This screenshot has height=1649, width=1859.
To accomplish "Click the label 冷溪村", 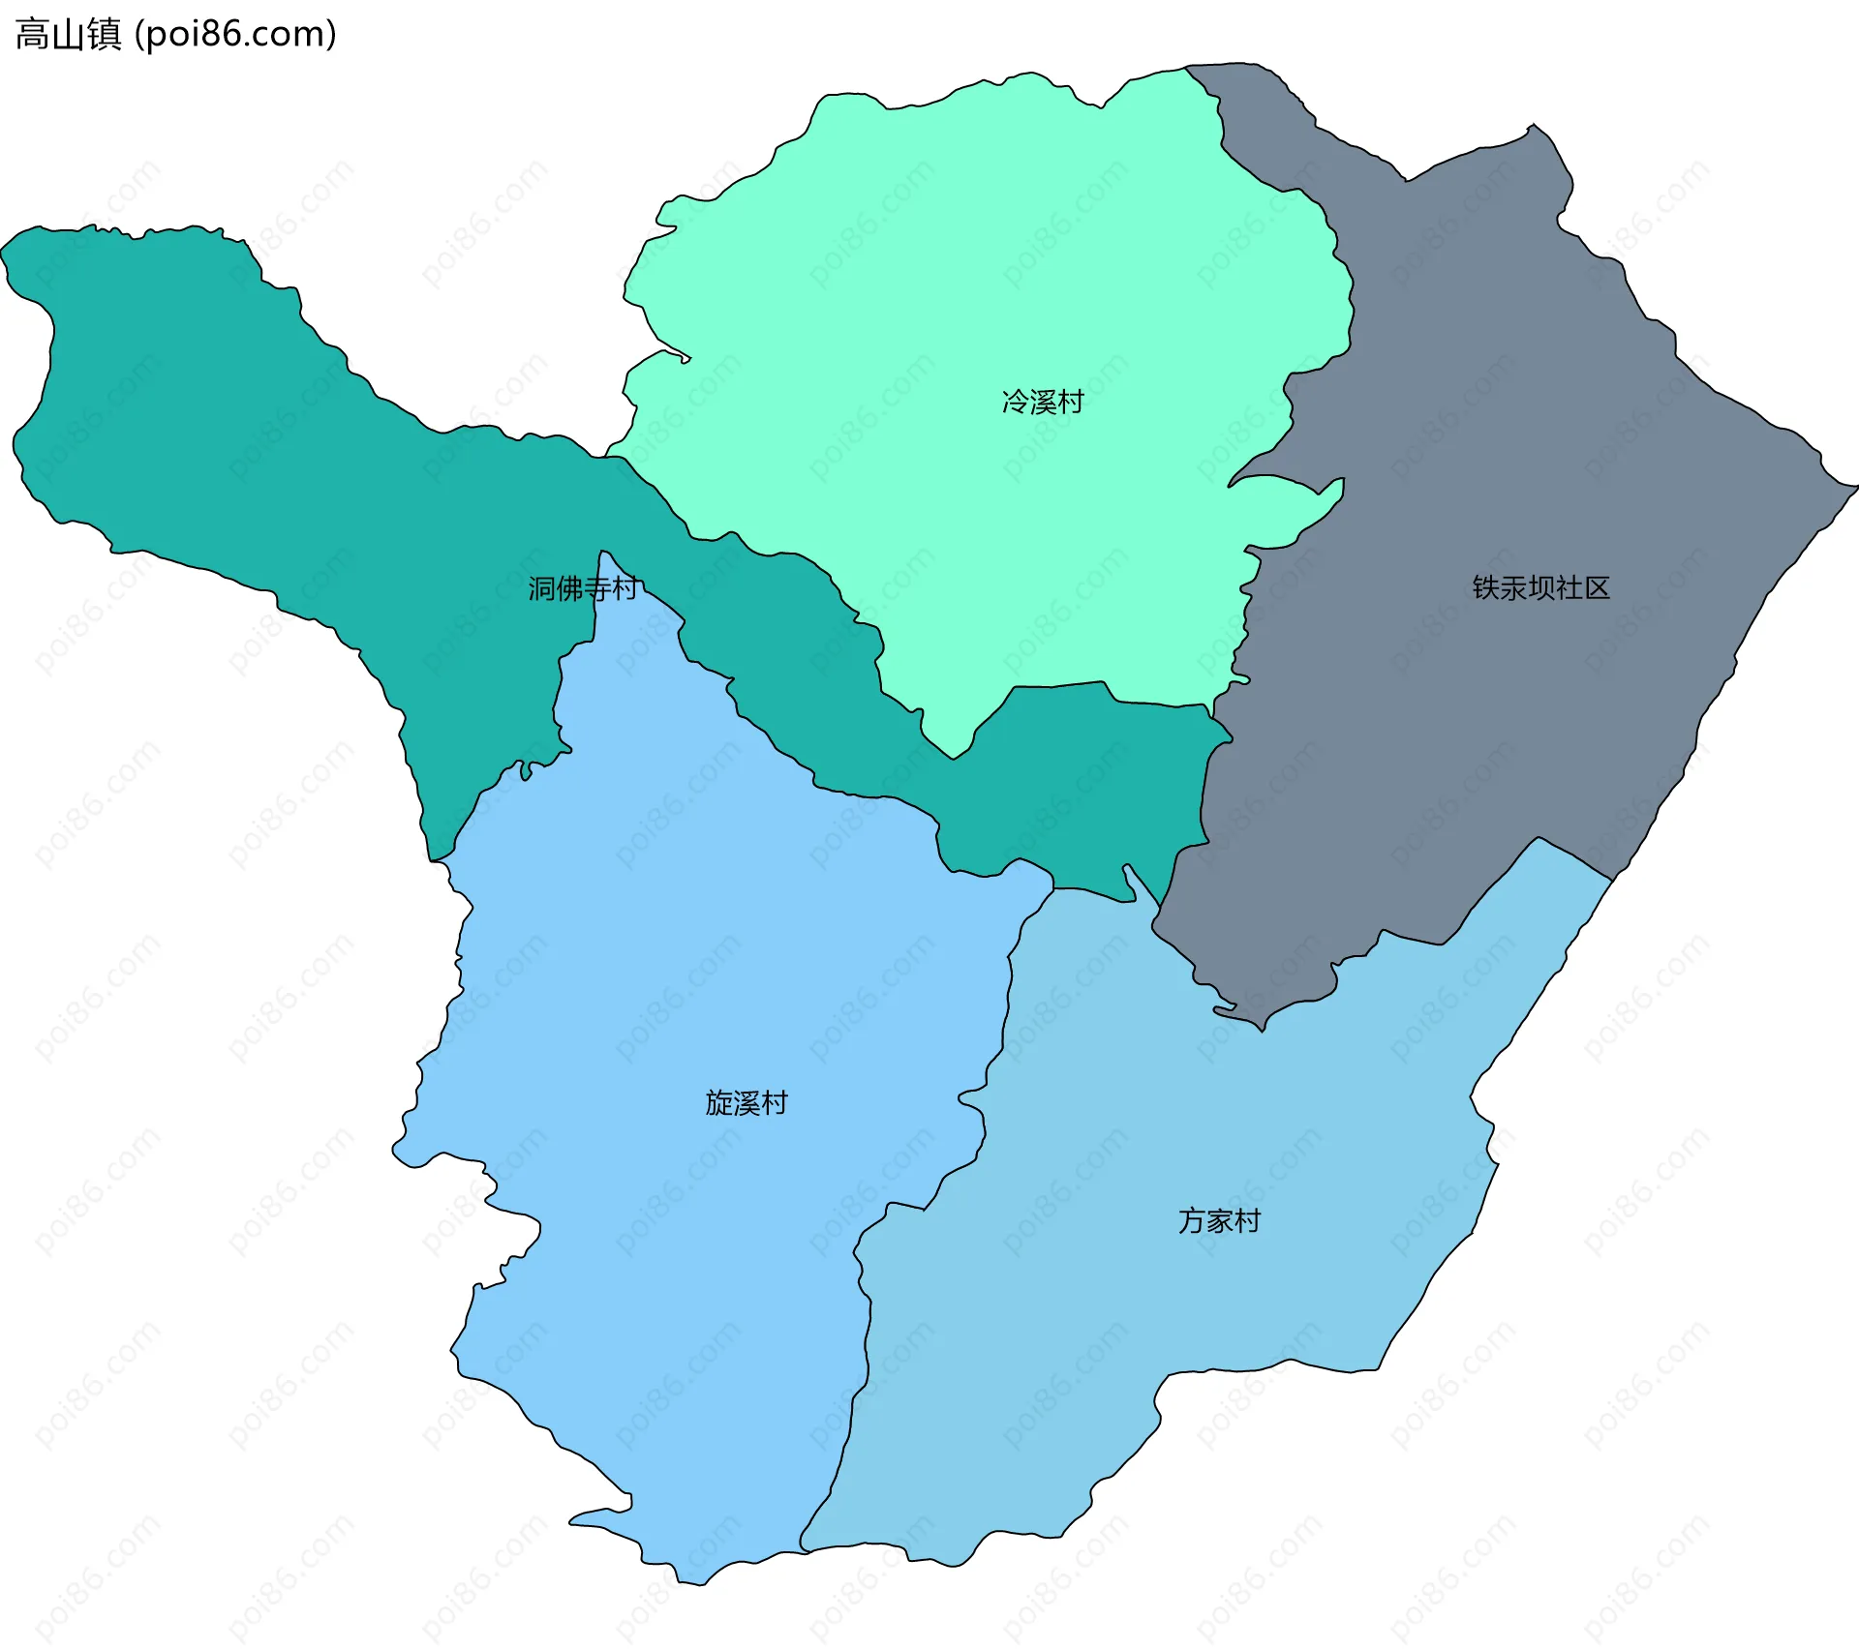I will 1043,402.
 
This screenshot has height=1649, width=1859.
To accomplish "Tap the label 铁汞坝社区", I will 1540,587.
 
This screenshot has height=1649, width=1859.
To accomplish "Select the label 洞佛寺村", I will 582,587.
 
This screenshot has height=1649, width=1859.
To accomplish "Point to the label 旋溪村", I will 746,1102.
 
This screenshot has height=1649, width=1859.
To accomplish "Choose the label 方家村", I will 1219,1220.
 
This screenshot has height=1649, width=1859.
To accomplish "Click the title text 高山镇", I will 68,34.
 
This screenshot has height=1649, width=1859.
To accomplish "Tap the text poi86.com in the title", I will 234,34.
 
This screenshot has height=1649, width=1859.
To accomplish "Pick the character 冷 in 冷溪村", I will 1015,402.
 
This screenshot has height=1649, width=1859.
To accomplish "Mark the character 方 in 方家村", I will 1191,1220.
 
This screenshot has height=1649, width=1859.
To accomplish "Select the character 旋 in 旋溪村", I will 718,1102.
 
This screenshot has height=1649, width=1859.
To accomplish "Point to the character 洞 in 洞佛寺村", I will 541,587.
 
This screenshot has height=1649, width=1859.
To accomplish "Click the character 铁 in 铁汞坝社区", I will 1486,587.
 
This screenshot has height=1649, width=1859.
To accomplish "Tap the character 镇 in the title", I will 104,34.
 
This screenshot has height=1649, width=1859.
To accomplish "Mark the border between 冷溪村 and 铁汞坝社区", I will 1352,290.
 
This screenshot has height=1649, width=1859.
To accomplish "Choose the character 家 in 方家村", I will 1219,1220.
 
